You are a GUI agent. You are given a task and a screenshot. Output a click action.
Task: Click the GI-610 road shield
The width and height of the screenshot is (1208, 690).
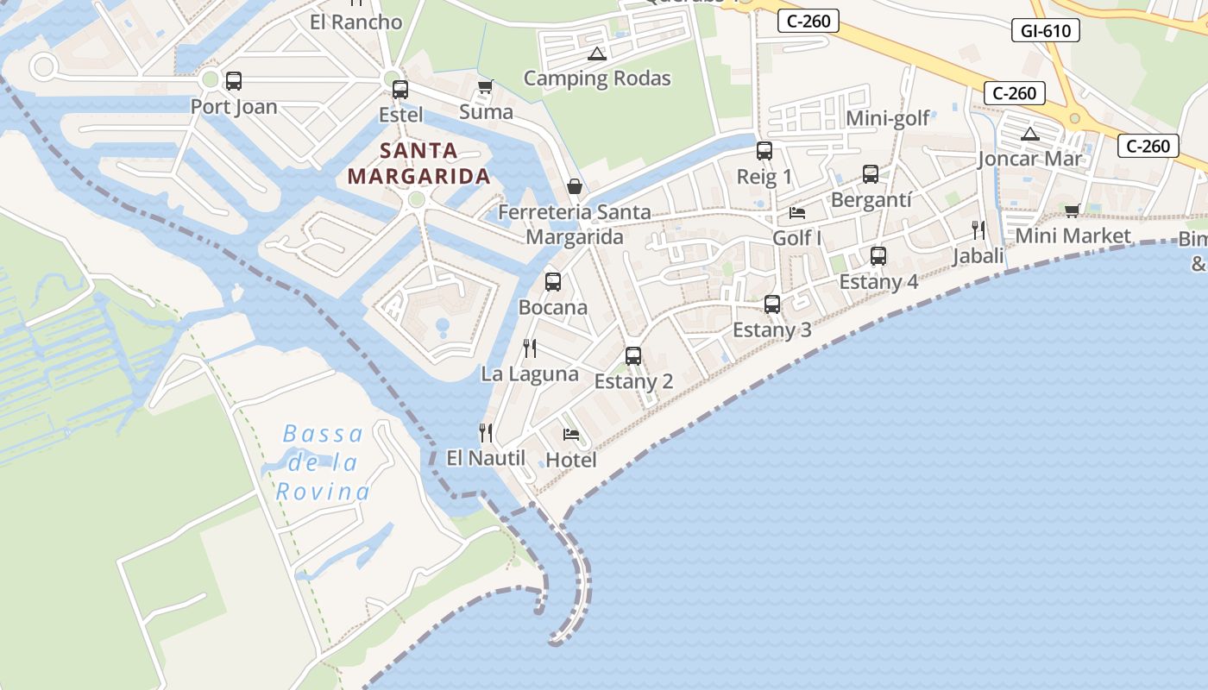click(1045, 31)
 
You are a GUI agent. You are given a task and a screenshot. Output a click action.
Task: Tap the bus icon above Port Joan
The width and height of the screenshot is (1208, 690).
click(234, 81)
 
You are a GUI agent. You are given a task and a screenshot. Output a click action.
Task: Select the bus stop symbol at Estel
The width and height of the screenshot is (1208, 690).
click(400, 89)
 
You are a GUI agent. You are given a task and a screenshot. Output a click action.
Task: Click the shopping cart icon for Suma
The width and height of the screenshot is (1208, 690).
click(485, 86)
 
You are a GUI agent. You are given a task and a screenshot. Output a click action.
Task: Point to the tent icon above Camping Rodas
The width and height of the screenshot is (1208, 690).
click(596, 53)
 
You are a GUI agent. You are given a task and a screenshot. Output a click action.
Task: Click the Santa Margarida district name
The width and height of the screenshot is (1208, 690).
click(418, 164)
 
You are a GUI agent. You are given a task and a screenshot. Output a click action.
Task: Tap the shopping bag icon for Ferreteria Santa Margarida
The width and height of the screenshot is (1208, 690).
click(574, 186)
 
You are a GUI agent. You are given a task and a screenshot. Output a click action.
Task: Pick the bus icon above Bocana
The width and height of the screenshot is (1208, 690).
click(553, 281)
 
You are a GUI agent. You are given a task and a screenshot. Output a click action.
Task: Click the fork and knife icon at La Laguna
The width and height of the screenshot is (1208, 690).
click(530, 348)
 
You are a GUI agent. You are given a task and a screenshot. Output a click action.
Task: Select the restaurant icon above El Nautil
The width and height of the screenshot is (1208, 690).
click(486, 432)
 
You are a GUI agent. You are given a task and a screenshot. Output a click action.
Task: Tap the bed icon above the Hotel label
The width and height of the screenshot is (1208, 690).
click(571, 434)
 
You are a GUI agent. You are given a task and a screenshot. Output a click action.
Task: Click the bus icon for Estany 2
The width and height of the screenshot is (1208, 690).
click(633, 355)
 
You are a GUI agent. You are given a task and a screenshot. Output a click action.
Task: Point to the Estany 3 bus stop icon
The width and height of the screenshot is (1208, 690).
click(772, 304)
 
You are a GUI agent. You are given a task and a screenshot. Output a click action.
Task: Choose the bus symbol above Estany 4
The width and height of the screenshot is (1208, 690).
click(878, 256)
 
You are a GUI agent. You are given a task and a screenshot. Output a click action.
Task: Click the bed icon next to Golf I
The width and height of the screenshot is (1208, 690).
click(797, 212)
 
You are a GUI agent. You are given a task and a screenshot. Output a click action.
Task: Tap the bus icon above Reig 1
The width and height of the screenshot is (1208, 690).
click(764, 151)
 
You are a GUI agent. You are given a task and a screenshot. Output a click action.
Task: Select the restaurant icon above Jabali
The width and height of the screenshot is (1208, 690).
click(978, 229)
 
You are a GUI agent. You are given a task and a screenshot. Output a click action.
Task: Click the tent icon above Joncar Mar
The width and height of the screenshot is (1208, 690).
click(1029, 134)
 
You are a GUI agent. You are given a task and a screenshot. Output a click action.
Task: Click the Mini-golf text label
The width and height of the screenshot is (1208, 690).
click(888, 118)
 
